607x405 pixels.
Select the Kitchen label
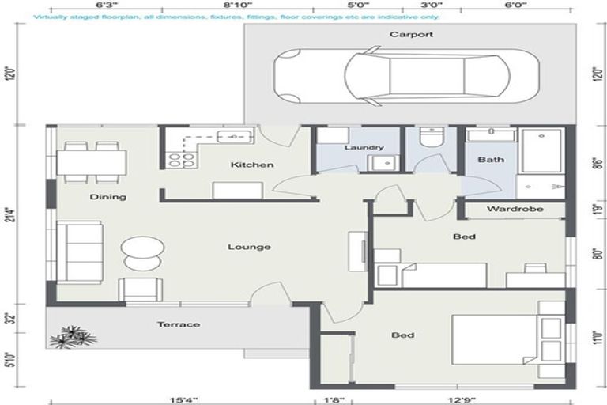(x=252, y=165)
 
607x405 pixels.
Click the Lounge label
(x=249, y=248)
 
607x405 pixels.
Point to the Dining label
(x=107, y=197)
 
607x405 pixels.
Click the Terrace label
(x=178, y=324)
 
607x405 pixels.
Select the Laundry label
(x=364, y=147)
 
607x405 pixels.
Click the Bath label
(x=490, y=160)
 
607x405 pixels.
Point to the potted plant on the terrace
(x=73, y=337)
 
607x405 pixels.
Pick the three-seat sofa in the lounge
(x=79, y=252)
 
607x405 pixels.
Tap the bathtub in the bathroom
(x=542, y=152)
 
